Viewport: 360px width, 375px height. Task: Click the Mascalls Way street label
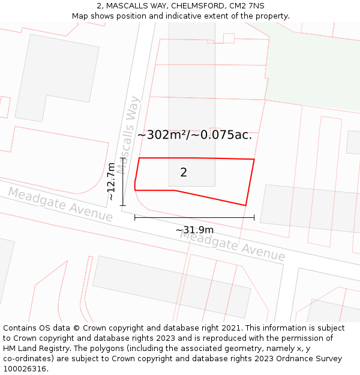(x=128, y=134)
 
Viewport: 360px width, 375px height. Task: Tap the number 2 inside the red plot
(x=184, y=173)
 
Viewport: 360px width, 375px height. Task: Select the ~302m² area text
(x=163, y=135)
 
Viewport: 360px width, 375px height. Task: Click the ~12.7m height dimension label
(x=111, y=181)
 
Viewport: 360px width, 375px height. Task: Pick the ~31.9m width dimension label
(x=194, y=230)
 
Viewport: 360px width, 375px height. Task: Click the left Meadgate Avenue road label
(x=60, y=204)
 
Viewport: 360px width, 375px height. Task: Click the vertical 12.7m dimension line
(x=123, y=182)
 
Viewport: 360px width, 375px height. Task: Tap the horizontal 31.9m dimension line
(x=194, y=217)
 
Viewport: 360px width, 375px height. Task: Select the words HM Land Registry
(x=34, y=348)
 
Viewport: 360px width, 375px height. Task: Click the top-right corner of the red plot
(x=254, y=159)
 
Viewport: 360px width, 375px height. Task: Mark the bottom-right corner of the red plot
(x=246, y=206)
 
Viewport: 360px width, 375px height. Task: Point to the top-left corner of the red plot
(x=139, y=158)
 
